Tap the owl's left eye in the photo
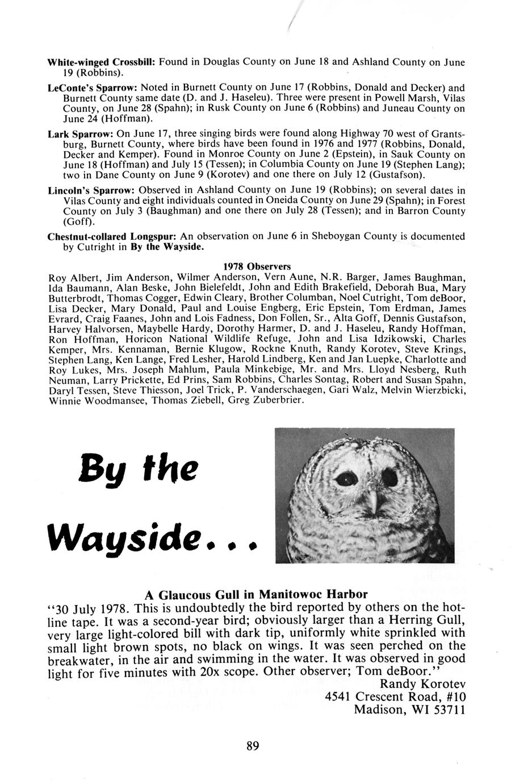[344, 479]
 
